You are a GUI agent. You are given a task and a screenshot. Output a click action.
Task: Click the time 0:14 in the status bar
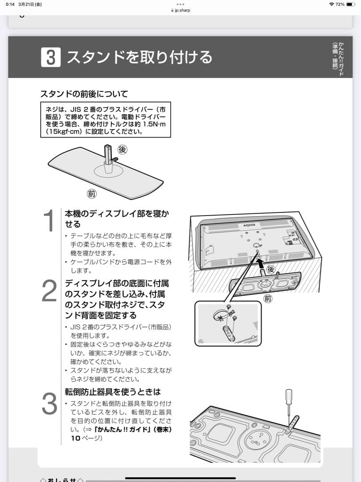click(x=10, y=4)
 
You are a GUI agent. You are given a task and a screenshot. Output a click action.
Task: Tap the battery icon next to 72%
click(x=352, y=4)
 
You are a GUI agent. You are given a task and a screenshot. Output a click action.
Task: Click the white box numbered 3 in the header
click(x=50, y=58)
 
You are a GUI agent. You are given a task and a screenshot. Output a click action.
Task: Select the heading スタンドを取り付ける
click(x=139, y=58)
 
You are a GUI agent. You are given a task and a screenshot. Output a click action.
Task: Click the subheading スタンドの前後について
click(x=84, y=94)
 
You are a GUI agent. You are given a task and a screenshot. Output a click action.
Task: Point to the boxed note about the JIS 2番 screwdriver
click(x=106, y=120)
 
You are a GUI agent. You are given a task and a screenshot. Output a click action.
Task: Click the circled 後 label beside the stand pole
click(x=122, y=149)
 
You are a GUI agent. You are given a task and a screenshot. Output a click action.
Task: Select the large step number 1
click(x=49, y=221)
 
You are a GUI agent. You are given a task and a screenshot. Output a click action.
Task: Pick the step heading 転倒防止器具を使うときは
click(x=112, y=392)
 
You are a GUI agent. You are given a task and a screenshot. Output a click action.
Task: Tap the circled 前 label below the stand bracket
click(x=267, y=299)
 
